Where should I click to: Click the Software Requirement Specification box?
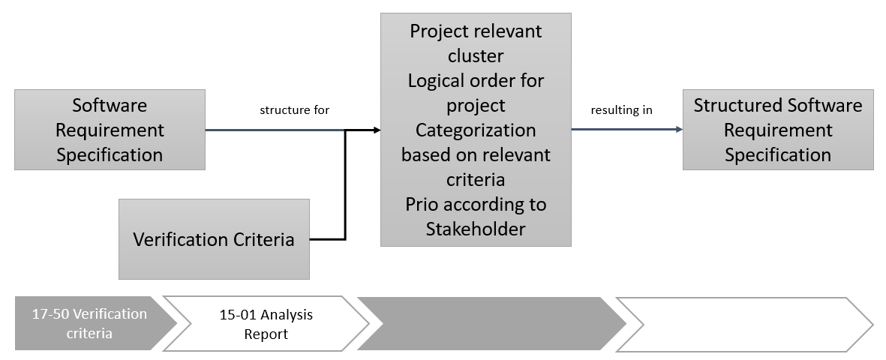pos(110,130)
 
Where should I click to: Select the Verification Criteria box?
pos(214,239)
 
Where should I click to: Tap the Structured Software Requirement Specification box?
pos(778,130)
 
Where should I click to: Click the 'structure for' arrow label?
pos(295,110)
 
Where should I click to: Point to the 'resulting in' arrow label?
pos(621,110)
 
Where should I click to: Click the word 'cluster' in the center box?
pos(476,56)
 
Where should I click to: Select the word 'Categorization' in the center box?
pos(476,130)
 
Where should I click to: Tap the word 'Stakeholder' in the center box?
pos(476,229)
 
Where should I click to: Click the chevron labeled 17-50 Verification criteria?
pos(90,323)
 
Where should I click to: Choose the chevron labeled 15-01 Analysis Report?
pos(266,323)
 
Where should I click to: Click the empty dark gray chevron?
pos(491,323)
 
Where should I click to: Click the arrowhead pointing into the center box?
pos(377,130)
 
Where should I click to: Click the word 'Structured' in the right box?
pos(732,105)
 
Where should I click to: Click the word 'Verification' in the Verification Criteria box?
pos(180,239)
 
